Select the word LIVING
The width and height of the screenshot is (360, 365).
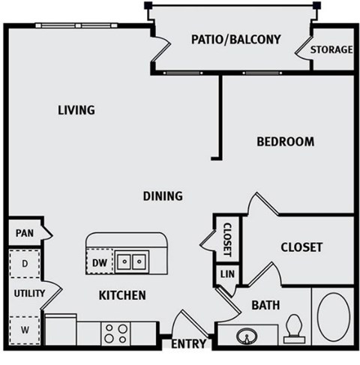point(76,110)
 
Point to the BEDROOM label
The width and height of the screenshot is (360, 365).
point(285,141)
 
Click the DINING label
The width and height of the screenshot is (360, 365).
point(163,196)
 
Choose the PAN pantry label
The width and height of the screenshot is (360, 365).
point(24,233)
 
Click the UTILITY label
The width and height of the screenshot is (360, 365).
point(28,293)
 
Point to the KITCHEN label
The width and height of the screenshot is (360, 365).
point(122,295)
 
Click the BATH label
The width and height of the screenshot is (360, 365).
point(265,305)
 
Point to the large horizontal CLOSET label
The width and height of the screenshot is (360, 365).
point(301,247)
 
